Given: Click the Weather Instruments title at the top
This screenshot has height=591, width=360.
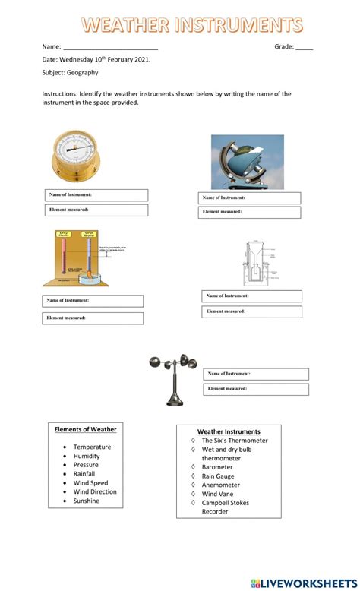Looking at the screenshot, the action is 191,25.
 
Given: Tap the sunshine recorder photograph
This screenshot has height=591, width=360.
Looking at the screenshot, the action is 247,162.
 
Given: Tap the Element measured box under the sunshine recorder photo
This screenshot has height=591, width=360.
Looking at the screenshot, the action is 250,212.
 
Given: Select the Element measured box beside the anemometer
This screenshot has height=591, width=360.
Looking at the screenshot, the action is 255,389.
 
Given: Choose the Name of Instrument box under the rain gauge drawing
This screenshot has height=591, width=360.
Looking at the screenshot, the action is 251,296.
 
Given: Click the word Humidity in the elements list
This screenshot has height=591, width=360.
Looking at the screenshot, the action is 87,457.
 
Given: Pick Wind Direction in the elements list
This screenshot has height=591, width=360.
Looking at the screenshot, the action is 95,491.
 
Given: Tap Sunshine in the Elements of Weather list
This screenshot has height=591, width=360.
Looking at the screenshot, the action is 87,501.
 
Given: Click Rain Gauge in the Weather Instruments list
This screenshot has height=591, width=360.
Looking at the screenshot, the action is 219,476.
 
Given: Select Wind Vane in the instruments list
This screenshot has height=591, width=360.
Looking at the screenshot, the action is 217,494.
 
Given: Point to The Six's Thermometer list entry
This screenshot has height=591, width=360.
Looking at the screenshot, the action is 235,441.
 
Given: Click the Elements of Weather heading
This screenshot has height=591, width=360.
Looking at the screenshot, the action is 86,429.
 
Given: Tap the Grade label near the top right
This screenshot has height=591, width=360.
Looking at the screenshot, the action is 284,46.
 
